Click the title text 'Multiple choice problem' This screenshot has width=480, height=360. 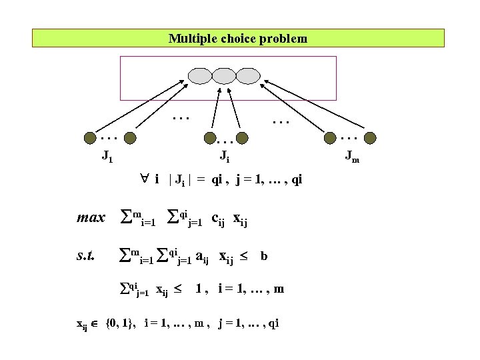(238, 39)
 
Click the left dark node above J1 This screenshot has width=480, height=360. (89, 139)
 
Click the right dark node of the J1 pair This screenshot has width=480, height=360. (131, 139)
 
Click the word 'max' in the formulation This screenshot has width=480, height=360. (91, 218)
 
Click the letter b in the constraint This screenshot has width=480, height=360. (265, 255)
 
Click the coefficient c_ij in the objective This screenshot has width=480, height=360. (219, 219)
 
